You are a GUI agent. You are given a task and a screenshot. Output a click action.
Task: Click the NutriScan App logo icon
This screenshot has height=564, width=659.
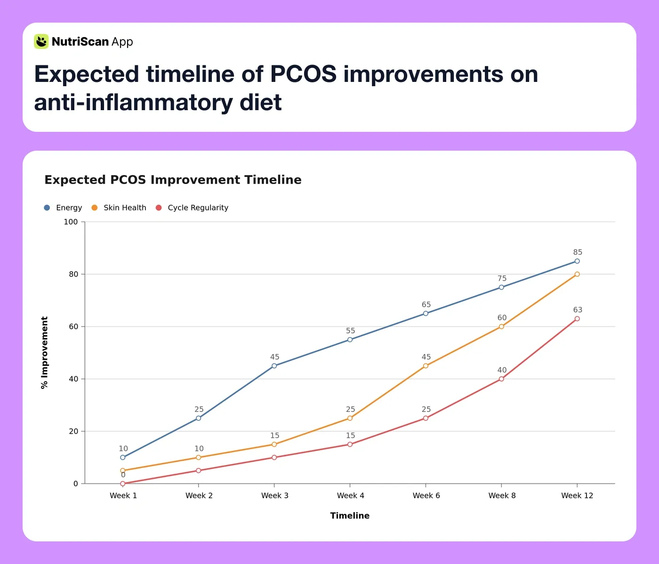[x=41, y=41]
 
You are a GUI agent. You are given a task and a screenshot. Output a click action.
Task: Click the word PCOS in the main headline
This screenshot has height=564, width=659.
[x=303, y=74]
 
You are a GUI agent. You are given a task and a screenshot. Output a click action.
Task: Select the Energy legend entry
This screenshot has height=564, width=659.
[x=63, y=208]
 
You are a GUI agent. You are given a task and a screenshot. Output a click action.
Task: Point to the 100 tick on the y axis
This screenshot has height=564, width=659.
[x=71, y=222]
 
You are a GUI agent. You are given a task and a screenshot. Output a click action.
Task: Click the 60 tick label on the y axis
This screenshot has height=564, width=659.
[x=73, y=326]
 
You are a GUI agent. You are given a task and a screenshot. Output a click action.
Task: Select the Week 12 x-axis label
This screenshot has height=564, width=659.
[x=577, y=495]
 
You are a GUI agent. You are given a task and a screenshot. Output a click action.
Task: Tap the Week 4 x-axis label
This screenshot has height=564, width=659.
[x=350, y=495]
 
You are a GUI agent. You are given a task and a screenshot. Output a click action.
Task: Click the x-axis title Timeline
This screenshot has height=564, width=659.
[x=350, y=516]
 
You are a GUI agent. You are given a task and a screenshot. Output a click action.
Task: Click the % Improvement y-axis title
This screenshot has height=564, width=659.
[x=44, y=353]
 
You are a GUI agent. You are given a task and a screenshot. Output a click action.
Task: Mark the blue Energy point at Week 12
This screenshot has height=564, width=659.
[x=577, y=261]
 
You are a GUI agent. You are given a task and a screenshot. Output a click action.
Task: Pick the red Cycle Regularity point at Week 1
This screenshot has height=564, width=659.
[x=123, y=483]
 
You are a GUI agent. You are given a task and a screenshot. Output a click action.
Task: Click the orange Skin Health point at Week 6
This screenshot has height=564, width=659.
[x=426, y=366]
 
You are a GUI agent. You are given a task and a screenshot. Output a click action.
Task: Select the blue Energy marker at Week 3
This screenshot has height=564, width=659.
[x=274, y=366]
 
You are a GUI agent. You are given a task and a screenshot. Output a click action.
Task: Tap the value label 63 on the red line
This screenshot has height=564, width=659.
[x=578, y=310]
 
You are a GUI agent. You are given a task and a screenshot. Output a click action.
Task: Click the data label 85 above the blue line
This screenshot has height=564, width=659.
[x=578, y=252]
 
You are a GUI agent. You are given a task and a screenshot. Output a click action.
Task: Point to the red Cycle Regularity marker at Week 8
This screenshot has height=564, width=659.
[x=501, y=379]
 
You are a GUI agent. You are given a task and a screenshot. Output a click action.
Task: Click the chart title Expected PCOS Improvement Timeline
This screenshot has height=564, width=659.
[x=173, y=180]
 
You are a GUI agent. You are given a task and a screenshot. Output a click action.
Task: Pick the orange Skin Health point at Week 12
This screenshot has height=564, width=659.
[x=577, y=274]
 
